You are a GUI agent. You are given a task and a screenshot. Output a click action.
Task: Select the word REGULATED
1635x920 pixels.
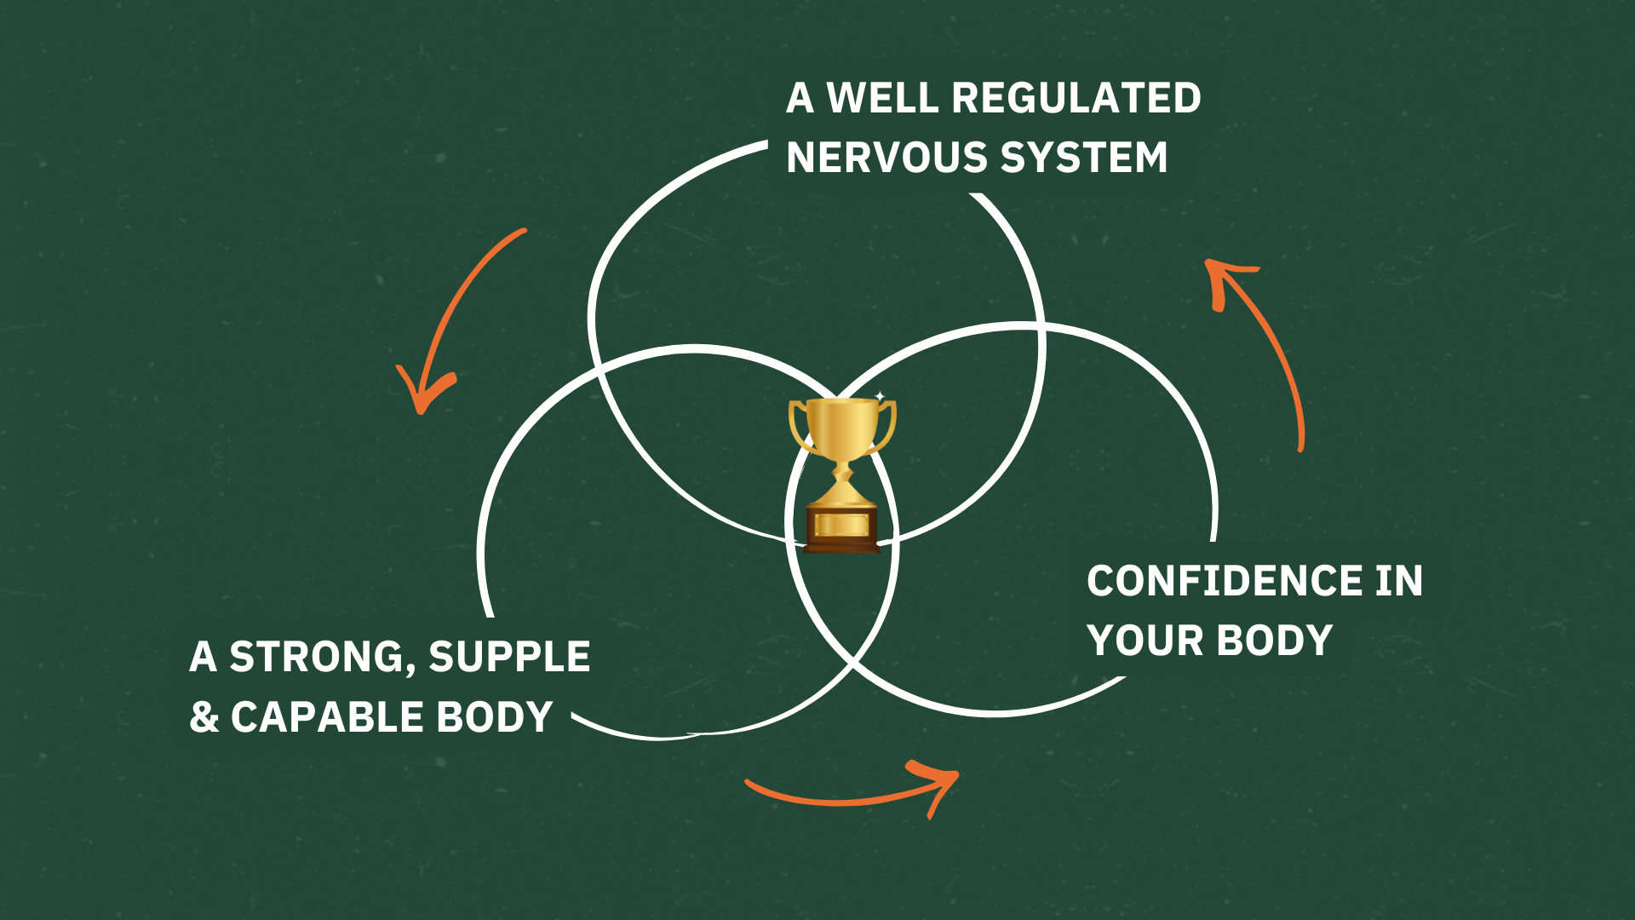click(x=1076, y=99)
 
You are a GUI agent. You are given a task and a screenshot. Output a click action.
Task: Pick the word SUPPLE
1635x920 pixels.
click(x=509, y=658)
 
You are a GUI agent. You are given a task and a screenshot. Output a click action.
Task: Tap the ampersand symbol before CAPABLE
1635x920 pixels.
click(x=204, y=717)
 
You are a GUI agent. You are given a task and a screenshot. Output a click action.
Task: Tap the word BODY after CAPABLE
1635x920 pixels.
click(x=495, y=717)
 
